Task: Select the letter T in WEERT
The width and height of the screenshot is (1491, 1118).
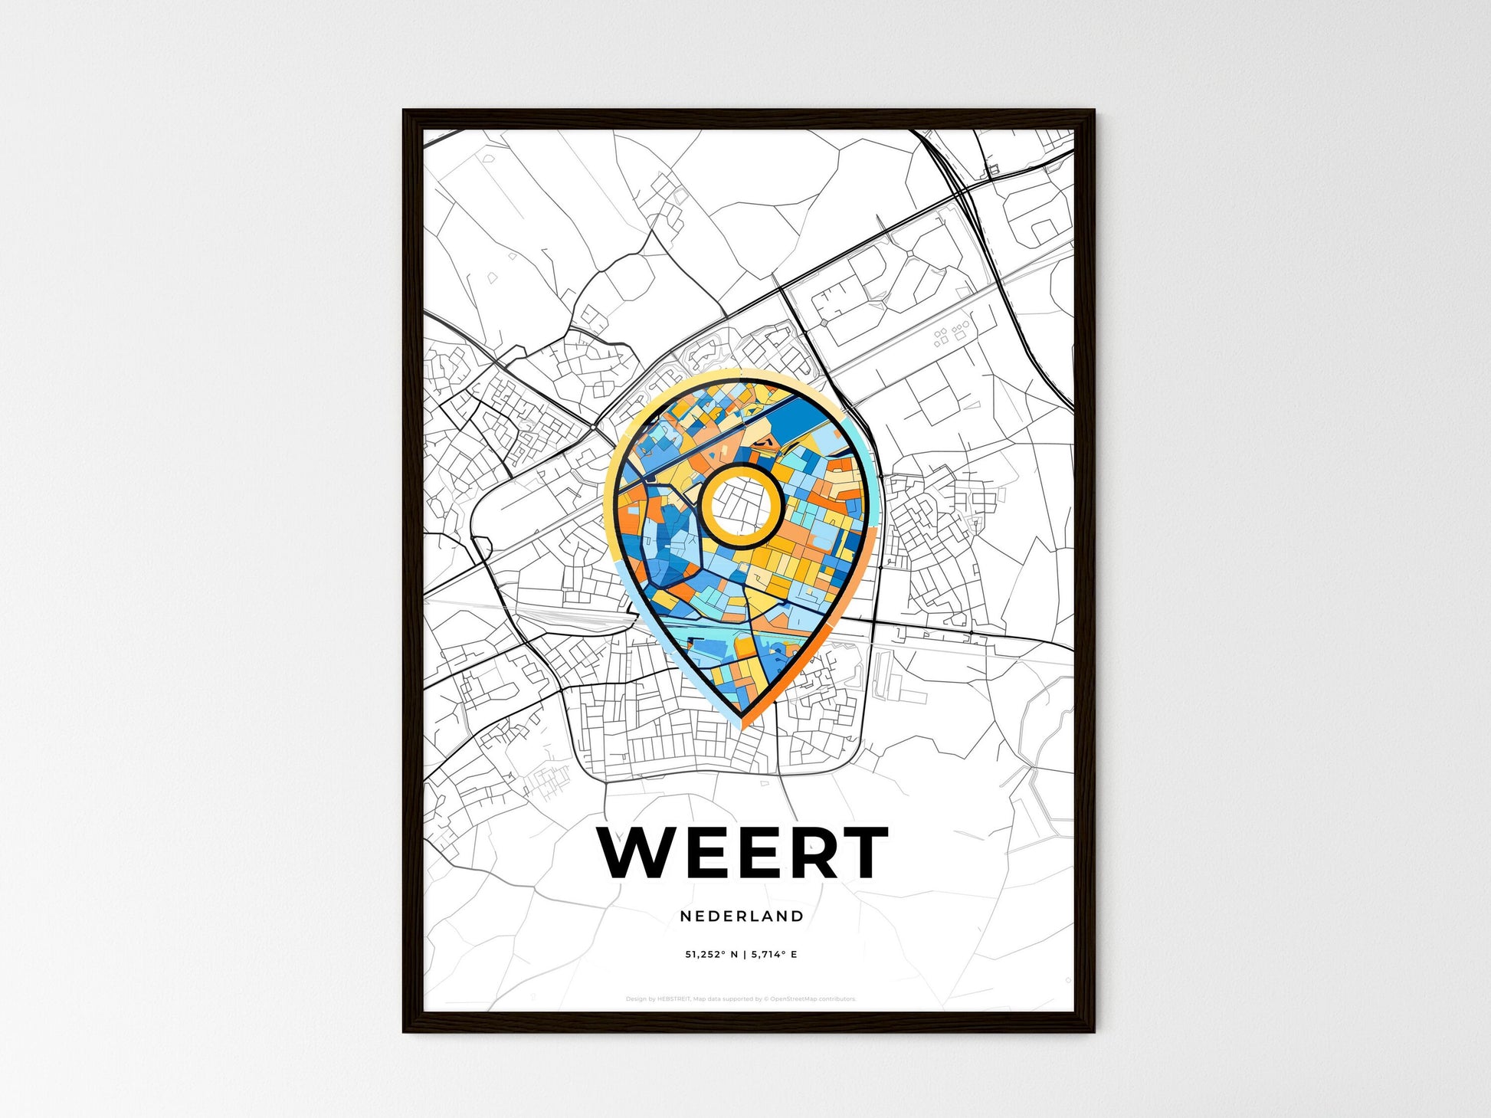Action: tap(860, 852)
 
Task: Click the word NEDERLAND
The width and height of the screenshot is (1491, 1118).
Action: tap(741, 916)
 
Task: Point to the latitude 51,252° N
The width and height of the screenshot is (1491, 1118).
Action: tap(712, 954)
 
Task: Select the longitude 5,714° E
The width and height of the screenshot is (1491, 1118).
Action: tap(775, 954)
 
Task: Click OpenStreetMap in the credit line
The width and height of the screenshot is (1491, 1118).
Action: tap(792, 999)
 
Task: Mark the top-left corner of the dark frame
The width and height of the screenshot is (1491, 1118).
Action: tap(405, 111)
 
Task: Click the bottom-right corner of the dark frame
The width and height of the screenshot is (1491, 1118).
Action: tap(1093, 1031)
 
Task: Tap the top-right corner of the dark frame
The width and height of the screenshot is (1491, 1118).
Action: tap(1093, 111)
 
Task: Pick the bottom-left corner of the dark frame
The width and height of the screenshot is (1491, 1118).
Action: tap(405, 1031)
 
